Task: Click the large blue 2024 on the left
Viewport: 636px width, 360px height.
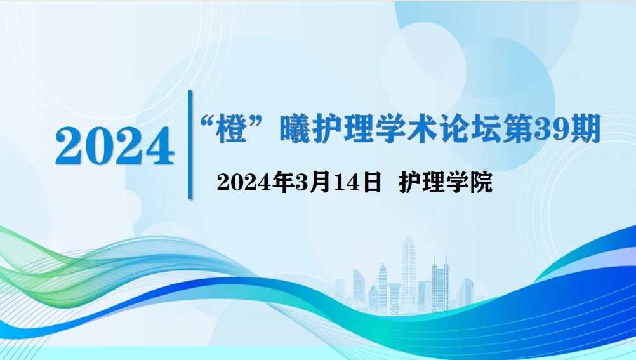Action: pos(115,146)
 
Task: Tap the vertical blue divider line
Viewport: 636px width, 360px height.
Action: pos(190,145)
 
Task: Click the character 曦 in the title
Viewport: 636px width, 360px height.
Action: pos(296,129)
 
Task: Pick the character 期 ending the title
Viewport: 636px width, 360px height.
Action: pos(585,129)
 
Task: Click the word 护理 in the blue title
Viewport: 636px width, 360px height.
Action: pos(343,129)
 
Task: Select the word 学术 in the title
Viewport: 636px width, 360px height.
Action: pos(407,129)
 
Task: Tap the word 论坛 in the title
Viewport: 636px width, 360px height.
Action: pos(470,129)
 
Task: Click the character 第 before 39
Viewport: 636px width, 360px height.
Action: pos(518,129)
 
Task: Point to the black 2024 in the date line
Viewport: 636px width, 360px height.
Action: pos(244,183)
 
